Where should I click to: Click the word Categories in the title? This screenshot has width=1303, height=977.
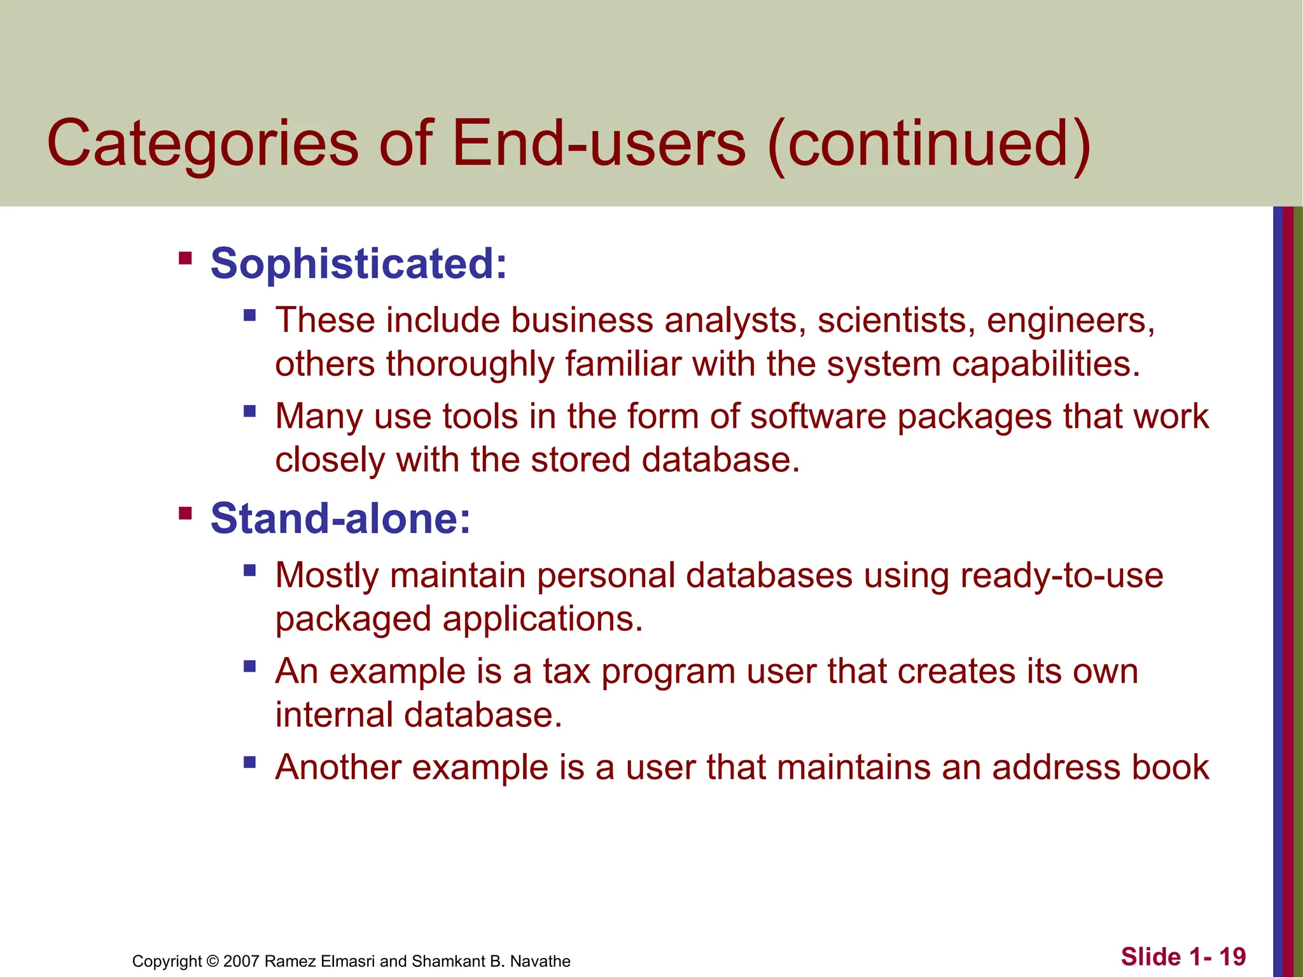[202, 145]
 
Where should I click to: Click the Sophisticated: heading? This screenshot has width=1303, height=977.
[359, 263]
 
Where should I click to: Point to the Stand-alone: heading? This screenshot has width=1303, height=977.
[340, 518]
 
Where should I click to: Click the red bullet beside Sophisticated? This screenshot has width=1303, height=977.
[185, 258]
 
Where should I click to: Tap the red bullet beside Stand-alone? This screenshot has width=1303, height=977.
[185, 513]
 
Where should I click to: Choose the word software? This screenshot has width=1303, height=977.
[818, 417]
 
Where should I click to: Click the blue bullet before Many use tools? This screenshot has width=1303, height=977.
[249, 412]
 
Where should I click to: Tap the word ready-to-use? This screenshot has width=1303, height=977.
[1061, 576]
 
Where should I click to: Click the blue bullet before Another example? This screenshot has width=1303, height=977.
[249, 761]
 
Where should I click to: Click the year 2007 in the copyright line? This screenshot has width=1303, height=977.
[241, 961]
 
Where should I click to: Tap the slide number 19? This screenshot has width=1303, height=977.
[1232, 957]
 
